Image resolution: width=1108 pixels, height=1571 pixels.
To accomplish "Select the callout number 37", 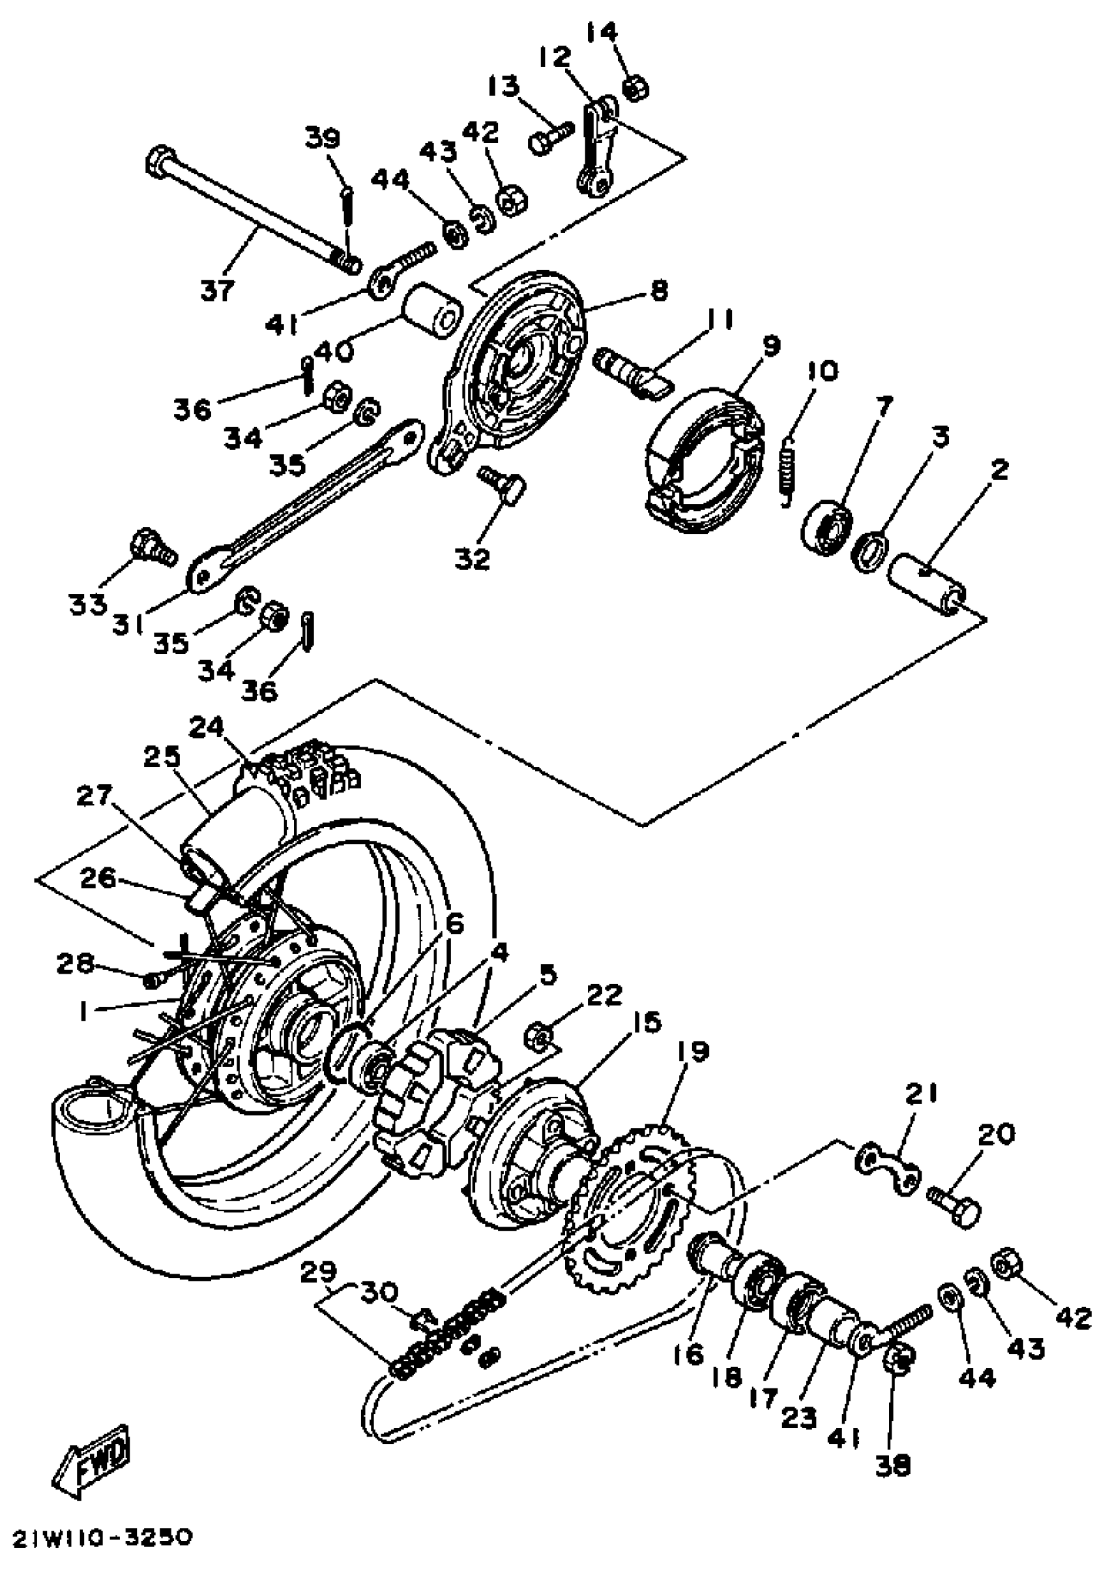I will coord(218,290).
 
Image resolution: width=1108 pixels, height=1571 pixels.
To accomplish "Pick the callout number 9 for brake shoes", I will coord(771,346).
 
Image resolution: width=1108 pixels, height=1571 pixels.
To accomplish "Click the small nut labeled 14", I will coord(636,88).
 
